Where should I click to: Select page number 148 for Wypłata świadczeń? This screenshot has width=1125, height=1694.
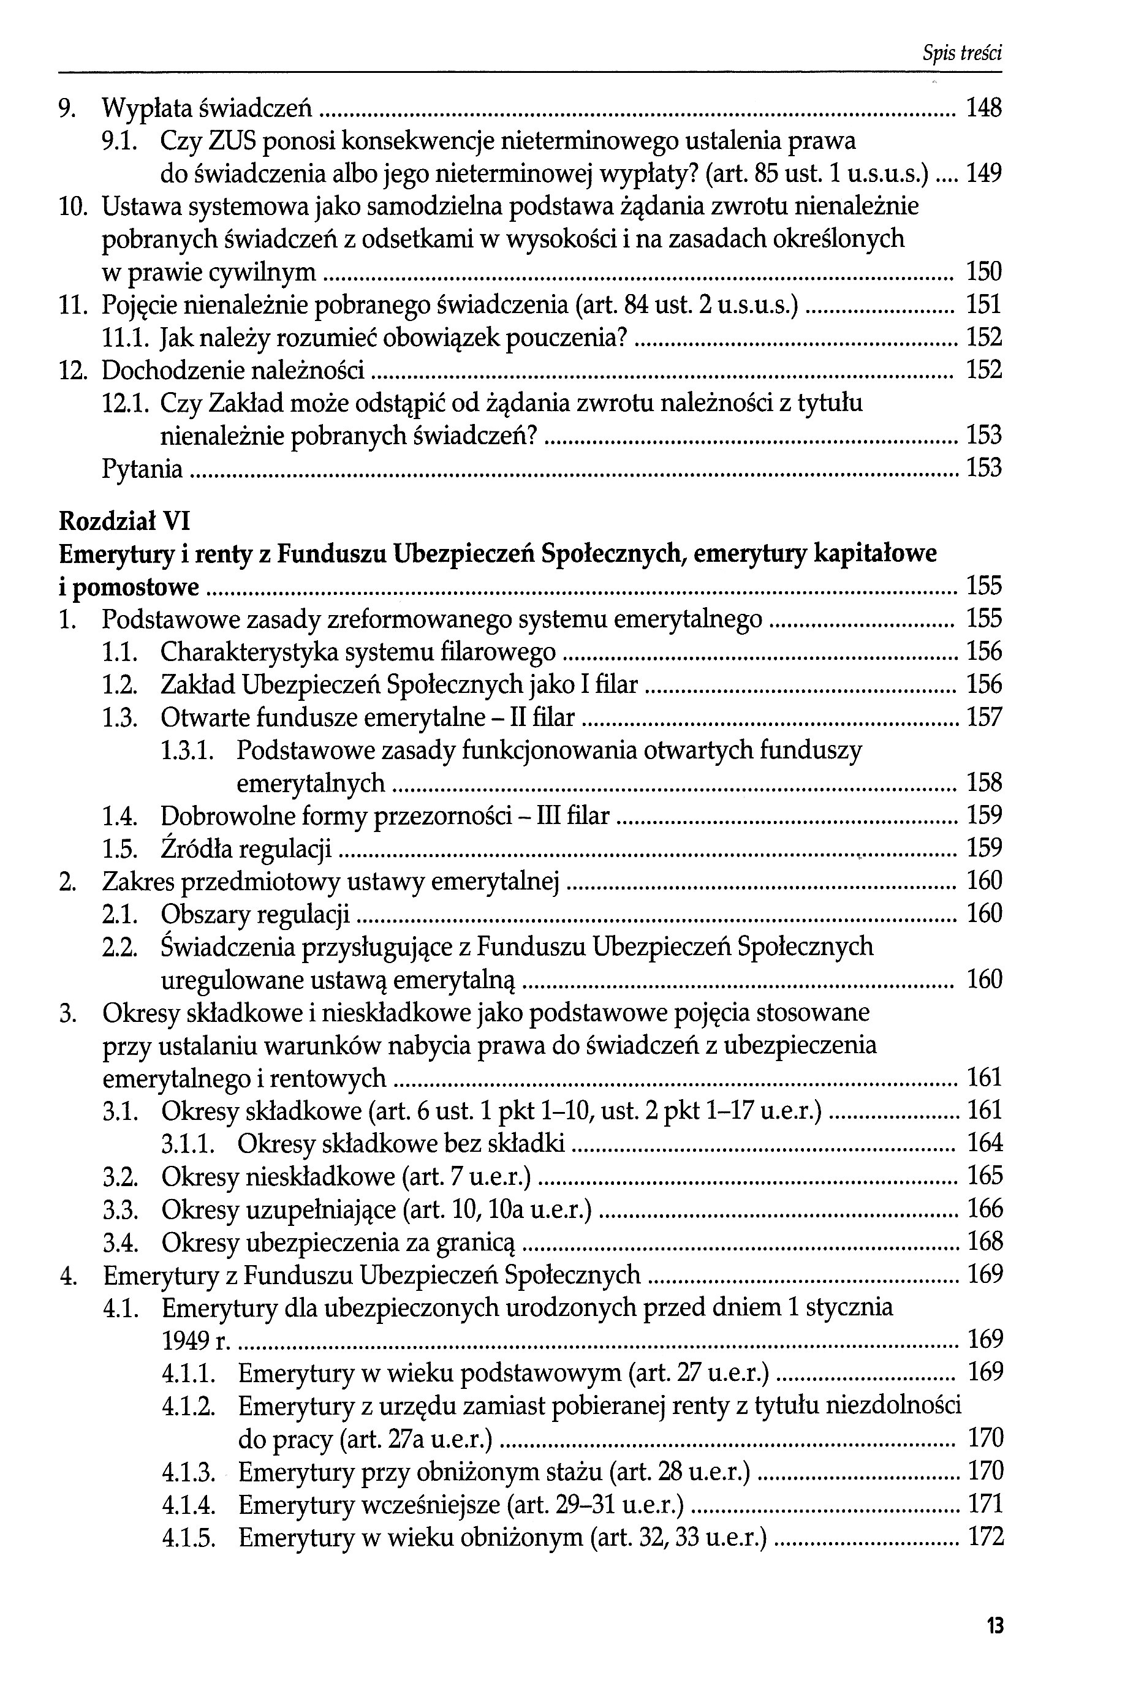(x=983, y=109)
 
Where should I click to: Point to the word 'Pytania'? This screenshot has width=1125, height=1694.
(x=143, y=469)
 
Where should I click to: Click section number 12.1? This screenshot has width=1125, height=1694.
(x=126, y=404)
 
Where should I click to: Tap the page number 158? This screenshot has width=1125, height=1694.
(x=983, y=782)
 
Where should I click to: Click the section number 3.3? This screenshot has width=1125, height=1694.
(x=120, y=1209)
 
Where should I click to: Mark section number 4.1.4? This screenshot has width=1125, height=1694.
(x=189, y=1504)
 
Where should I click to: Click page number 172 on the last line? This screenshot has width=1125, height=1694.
(x=984, y=1537)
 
